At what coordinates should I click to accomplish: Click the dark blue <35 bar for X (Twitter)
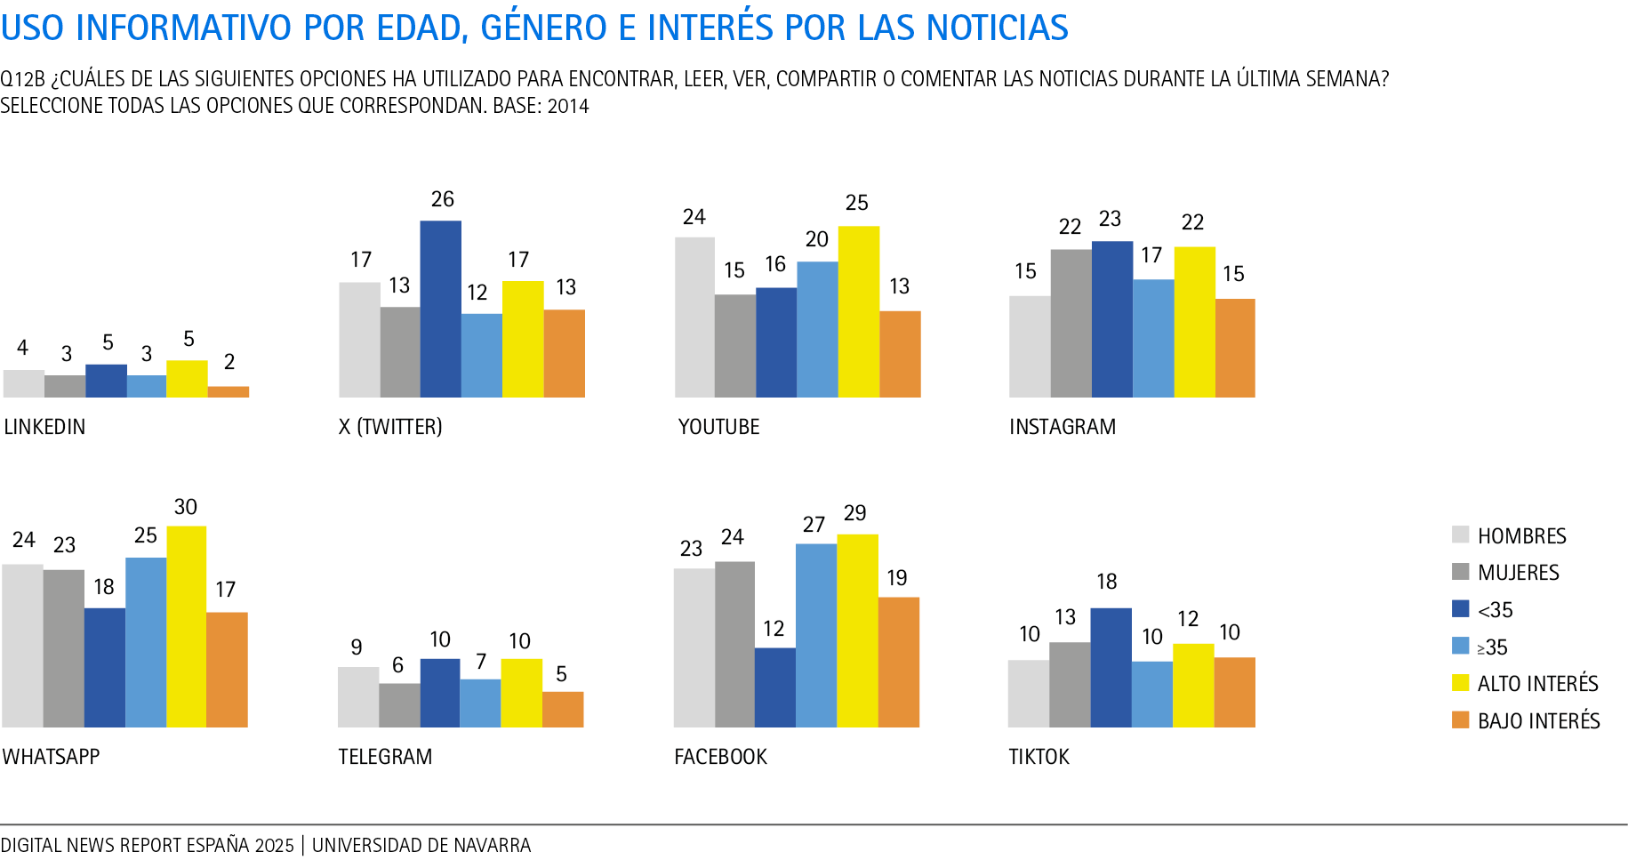tap(440, 309)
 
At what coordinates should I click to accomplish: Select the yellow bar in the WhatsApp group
tap(187, 626)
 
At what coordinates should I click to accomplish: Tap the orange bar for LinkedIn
tap(229, 391)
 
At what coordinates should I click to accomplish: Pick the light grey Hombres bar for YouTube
tap(694, 317)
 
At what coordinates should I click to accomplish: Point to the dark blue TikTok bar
tap(1111, 667)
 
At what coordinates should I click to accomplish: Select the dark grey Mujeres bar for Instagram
tap(1071, 323)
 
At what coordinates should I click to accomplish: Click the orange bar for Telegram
tap(563, 709)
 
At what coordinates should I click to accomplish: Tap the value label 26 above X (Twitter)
tap(442, 199)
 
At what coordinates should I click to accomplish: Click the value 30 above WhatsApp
tap(185, 507)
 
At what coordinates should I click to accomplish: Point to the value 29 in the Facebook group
tap(854, 513)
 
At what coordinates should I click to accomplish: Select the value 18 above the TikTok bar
tap(1106, 582)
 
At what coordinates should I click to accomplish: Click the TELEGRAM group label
tap(385, 757)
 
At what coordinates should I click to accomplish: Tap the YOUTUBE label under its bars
tap(718, 427)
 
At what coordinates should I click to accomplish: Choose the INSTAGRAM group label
tap(1062, 427)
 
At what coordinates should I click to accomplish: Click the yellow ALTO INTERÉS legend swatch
tap(1460, 683)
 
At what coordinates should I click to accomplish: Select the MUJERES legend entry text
tap(1518, 573)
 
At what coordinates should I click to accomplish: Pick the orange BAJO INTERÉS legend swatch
tap(1460, 720)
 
